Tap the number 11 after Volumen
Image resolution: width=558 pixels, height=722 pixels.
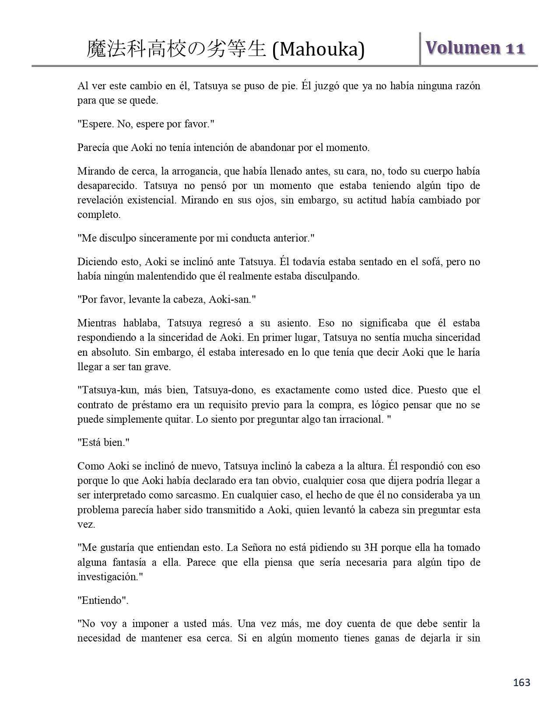pyautogui.click(x=515, y=49)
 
